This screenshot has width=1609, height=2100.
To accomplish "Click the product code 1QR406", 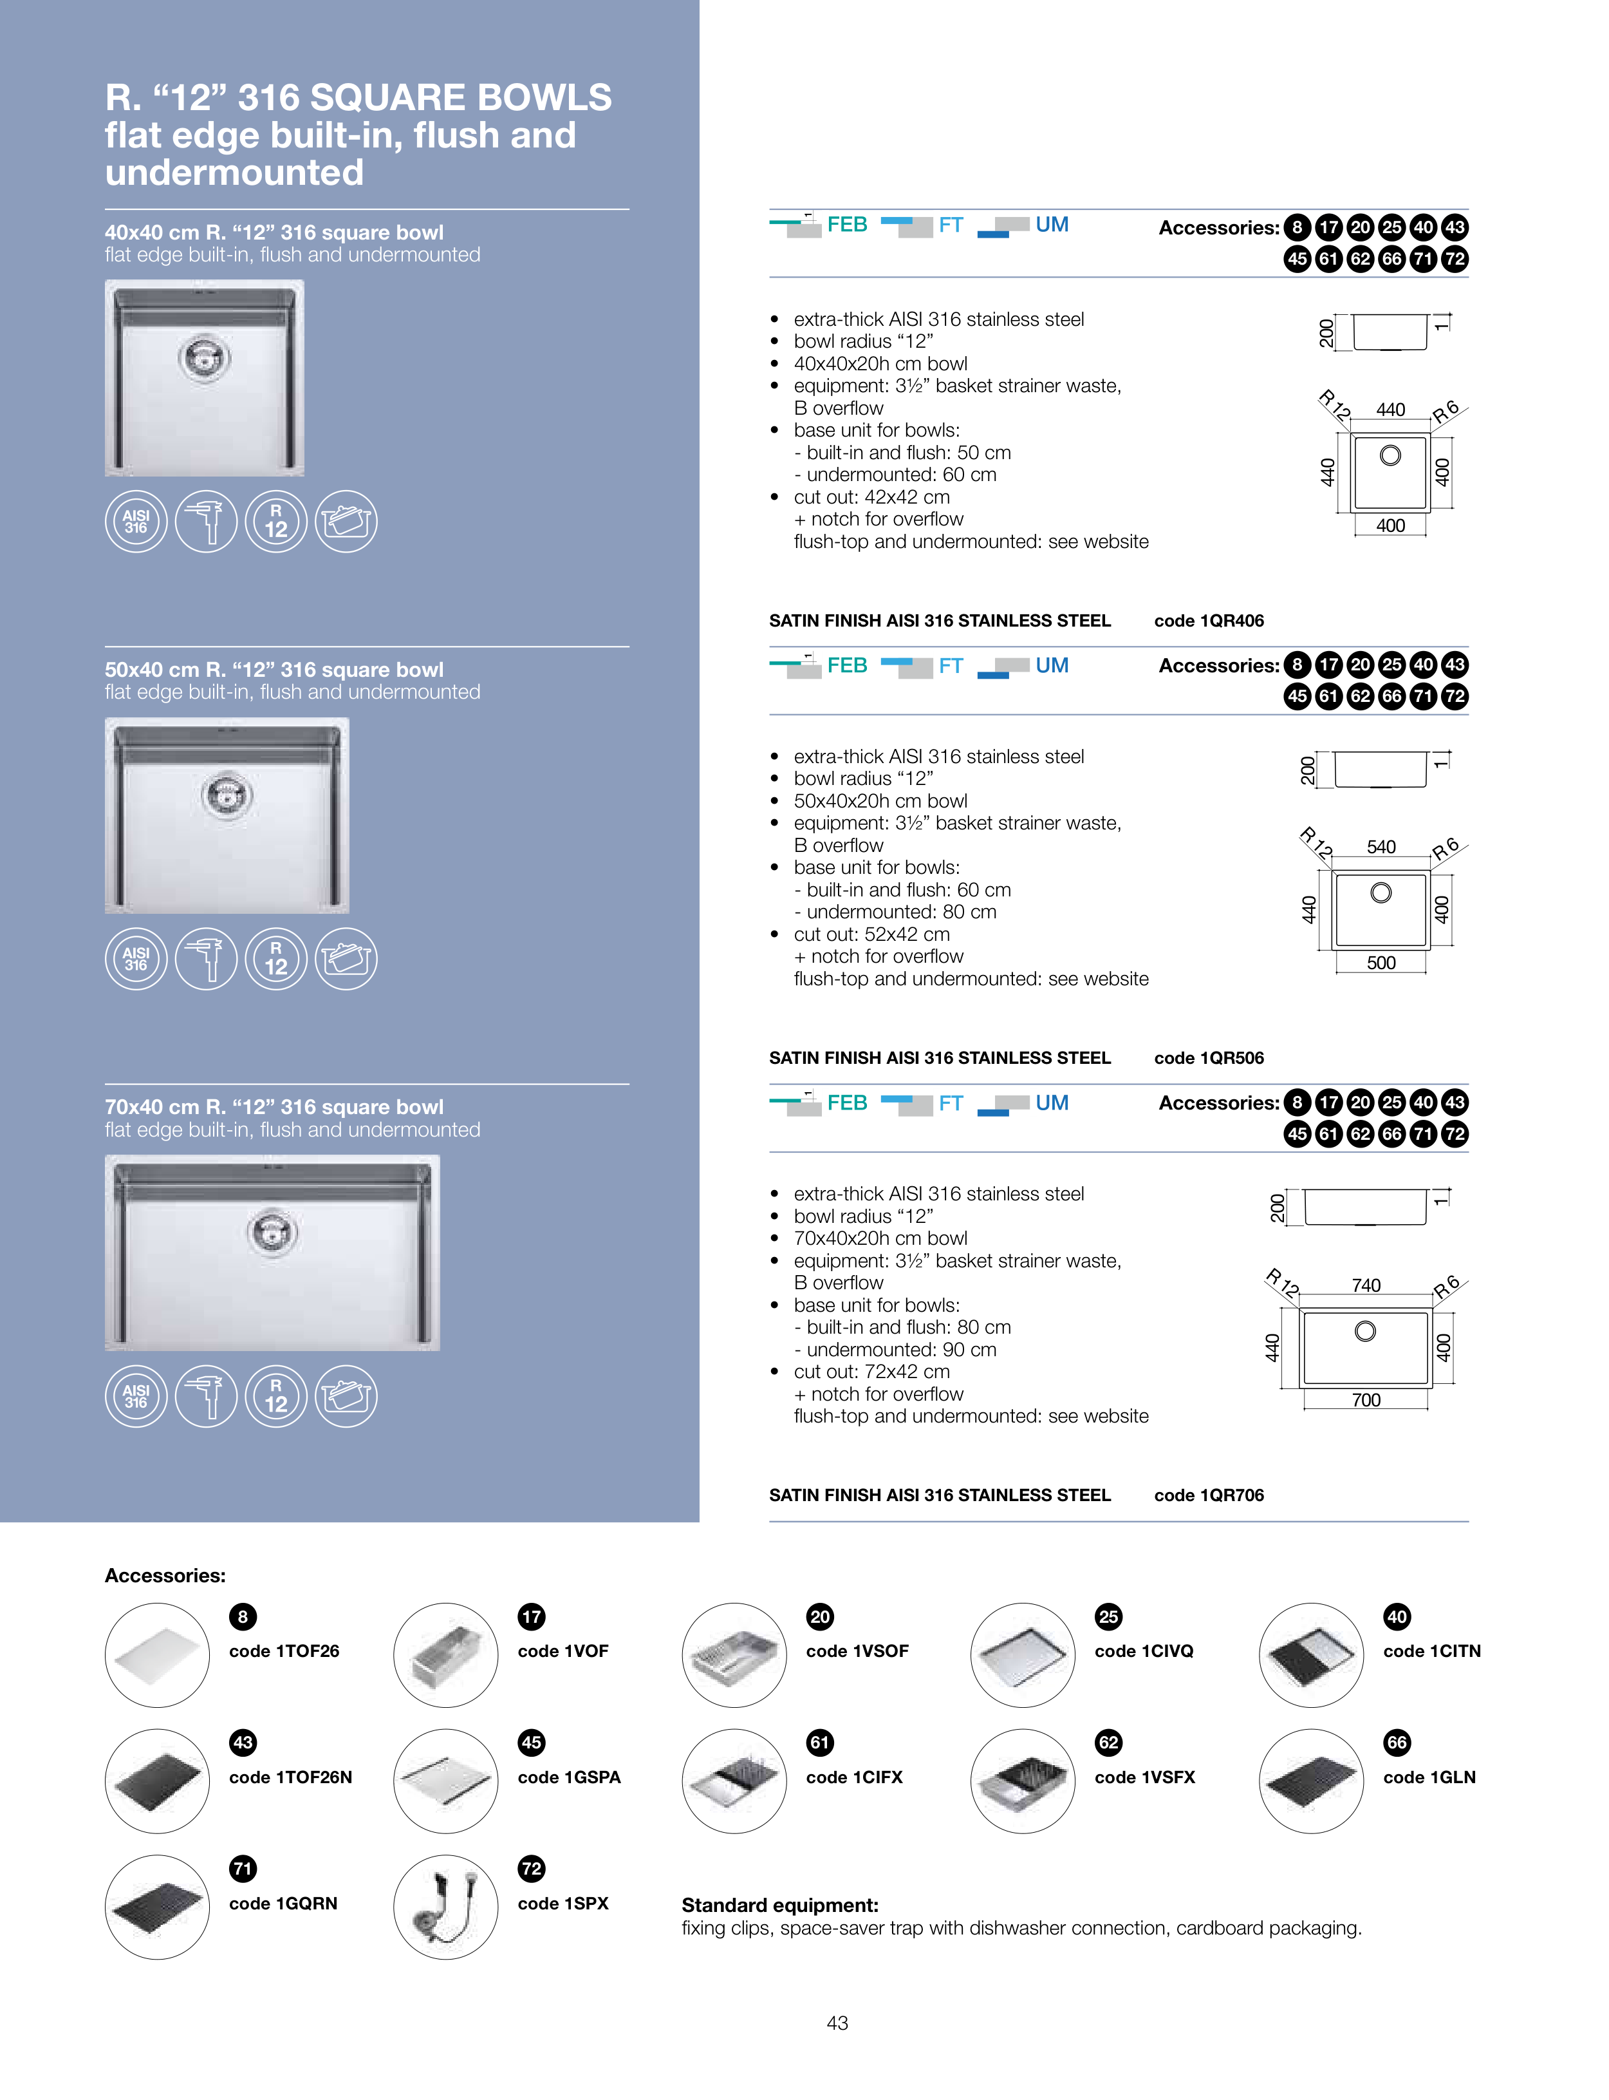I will point(1209,621).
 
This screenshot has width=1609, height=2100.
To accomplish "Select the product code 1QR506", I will point(1209,1057).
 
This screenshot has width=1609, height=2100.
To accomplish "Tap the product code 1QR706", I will point(1209,1495).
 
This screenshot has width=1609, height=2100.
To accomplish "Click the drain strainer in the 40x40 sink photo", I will point(204,357).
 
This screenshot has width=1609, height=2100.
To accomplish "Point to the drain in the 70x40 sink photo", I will point(273,1231).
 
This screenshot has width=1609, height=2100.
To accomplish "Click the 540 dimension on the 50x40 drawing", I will point(1381,847).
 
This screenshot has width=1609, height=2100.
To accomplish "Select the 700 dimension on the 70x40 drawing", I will point(1366,1401).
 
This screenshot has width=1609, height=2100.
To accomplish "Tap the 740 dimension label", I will point(1366,1285).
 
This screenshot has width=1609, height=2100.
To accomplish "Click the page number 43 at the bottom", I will point(837,2023).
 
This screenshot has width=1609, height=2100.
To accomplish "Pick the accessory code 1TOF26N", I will point(290,1777).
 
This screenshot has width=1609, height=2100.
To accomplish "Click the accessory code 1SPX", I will point(563,1904).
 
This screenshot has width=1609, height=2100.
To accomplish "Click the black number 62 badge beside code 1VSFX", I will point(1108,1743).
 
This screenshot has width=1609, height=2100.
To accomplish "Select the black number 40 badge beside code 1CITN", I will point(1397,1617).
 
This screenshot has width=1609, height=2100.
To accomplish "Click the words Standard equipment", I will point(779,1906).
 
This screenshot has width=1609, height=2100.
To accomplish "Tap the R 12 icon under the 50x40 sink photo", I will point(276,959).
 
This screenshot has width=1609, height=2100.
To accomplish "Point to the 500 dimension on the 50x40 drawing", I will point(1381,963).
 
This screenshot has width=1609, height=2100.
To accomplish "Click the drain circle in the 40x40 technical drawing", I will point(1390,456).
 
